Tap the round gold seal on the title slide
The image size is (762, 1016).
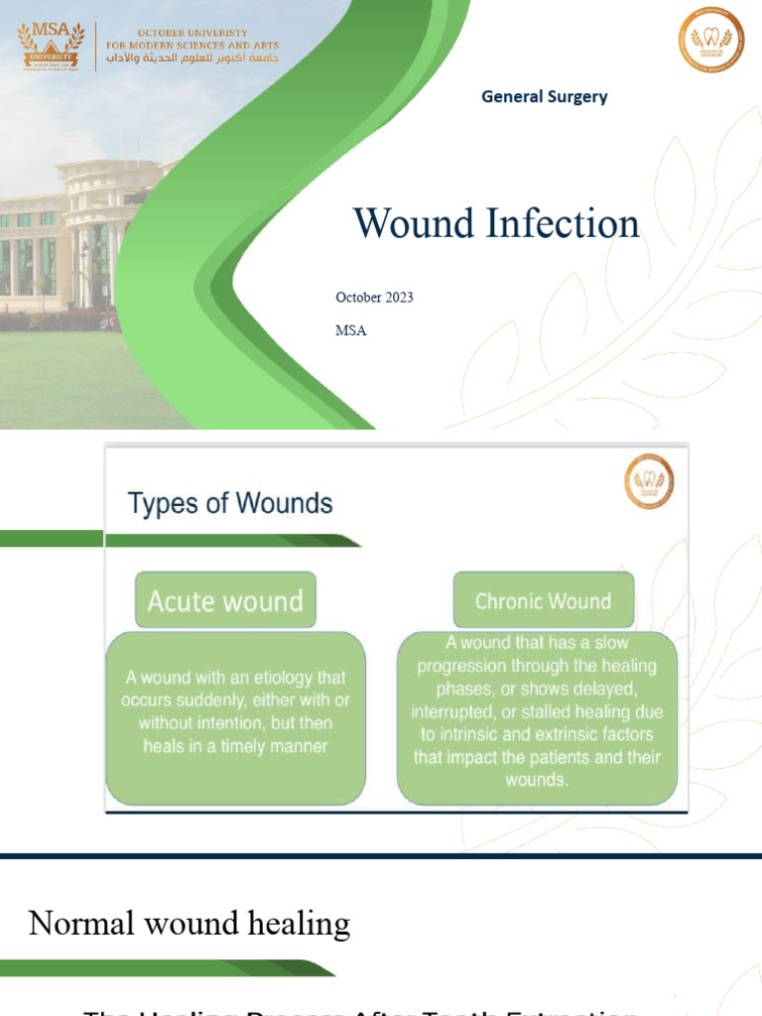(x=711, y=40)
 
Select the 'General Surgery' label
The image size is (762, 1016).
(x=544, y=96)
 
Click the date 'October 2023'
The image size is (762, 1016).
(x=374, y=298)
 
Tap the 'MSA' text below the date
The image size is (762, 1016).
(x=351, y=330)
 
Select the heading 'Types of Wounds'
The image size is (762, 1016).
(x=230, y=503)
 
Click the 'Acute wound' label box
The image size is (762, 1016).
(x=225, y=600)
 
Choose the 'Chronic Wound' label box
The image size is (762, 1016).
(x=543, y=600)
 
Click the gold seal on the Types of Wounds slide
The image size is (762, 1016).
(x=649, y=481)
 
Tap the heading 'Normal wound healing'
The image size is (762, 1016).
(x=190, y=924)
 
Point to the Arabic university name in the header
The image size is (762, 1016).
(x=192, y=59)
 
